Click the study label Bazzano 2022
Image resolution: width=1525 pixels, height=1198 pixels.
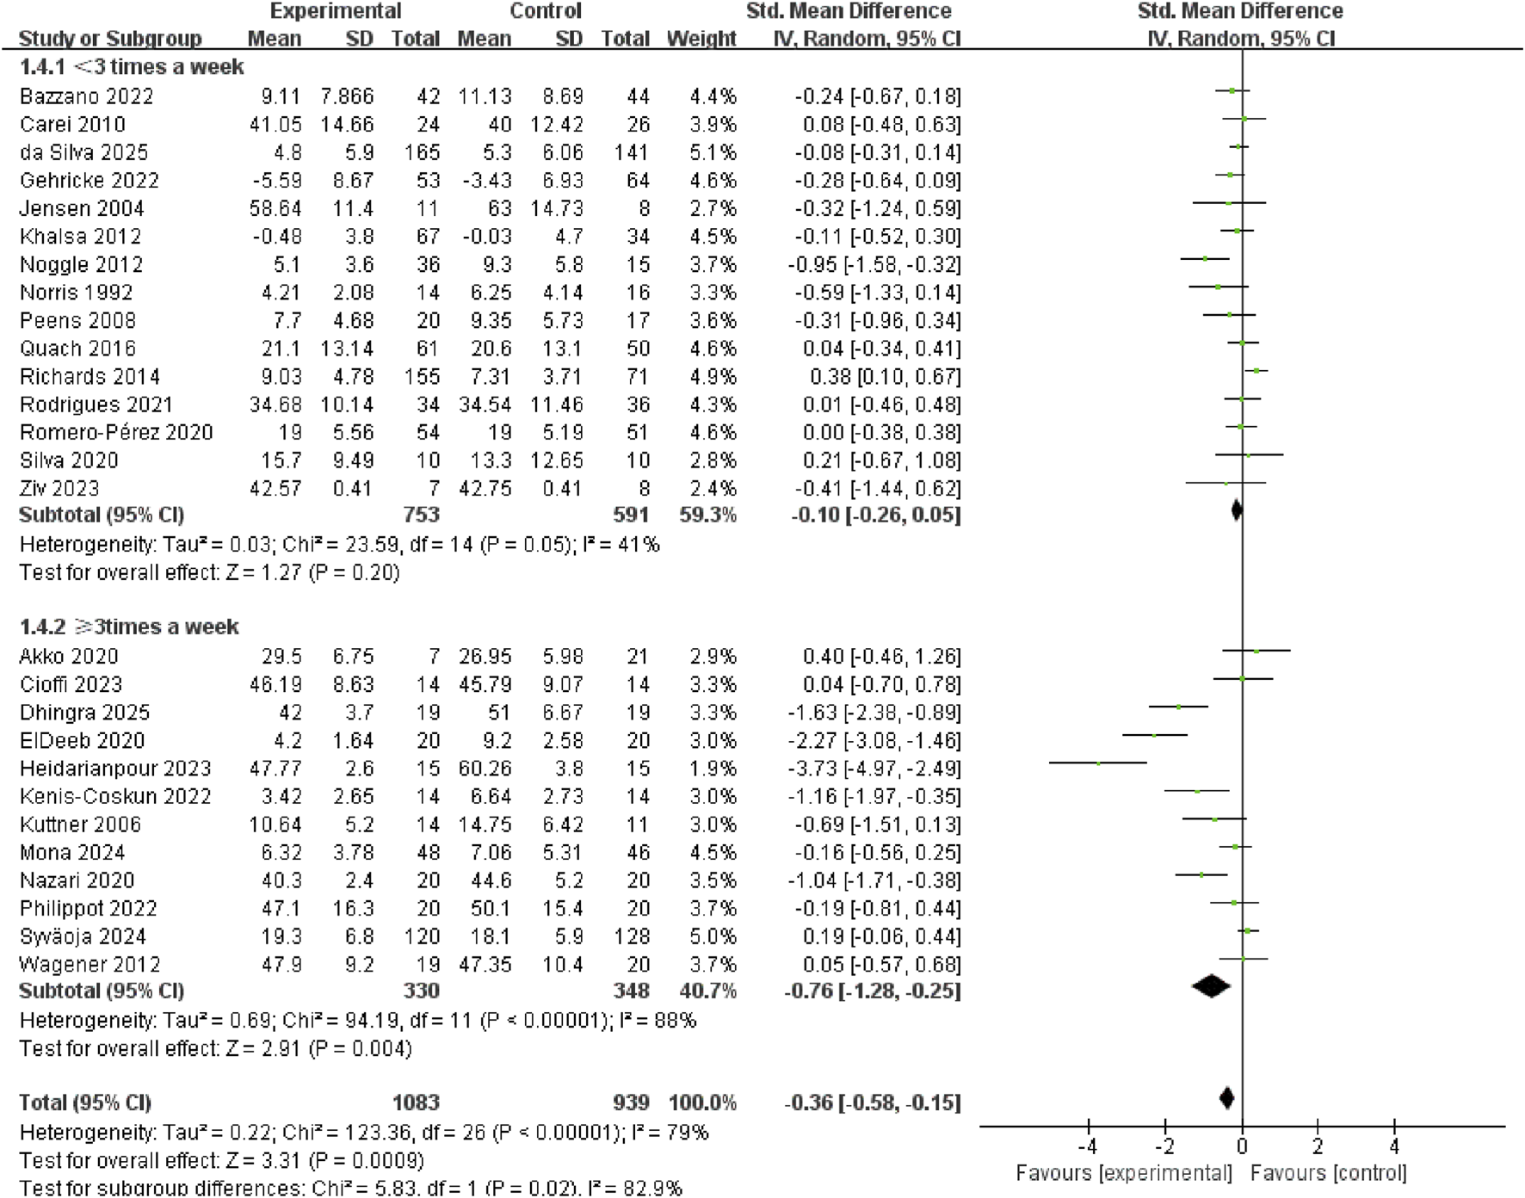click(x=86, y=96)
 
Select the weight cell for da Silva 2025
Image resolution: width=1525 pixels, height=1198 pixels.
click(x=713, y=152)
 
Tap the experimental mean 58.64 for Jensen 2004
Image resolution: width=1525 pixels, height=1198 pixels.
click(x=275, y=208)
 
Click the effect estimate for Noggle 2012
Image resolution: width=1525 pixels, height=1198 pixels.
click(x=874, y=264)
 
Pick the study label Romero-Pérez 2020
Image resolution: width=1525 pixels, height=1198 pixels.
click(x=116, y=432)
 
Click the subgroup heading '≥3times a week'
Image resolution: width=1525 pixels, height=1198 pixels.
click(x=129, y=627)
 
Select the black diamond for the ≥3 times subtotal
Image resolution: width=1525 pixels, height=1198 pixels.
click(x=1211, y=986)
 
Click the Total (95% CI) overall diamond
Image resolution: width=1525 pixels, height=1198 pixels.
click(x=1227, y=1098)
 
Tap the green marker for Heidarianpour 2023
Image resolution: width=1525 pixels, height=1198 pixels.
click(x=1098, y=763)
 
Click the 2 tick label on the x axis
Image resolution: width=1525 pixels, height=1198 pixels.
click(x=1318, y=1146)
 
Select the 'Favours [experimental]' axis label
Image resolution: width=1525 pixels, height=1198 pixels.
click(x=1123, y=1173)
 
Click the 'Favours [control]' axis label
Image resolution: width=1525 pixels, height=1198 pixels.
click(x=1328, y=1173)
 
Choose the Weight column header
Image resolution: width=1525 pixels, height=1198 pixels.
click(x=701, y=39)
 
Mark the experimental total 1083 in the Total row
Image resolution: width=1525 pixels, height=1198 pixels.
click(x=416, y=1102)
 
